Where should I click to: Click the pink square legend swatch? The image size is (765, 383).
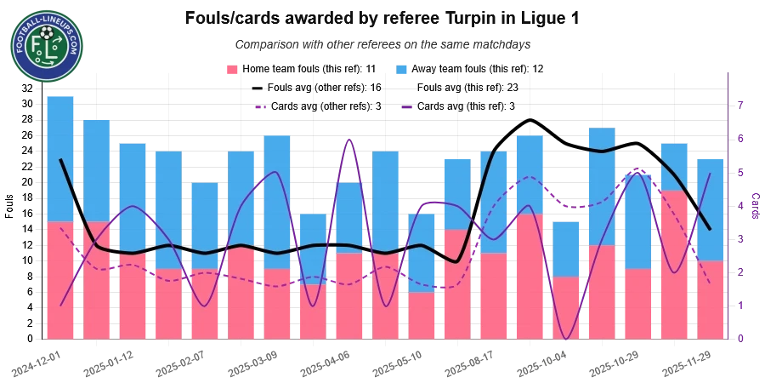230,68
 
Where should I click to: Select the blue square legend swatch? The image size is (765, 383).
402,68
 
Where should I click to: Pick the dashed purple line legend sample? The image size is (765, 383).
260,107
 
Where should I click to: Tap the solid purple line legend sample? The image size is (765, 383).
407,107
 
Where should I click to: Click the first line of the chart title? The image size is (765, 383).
380,18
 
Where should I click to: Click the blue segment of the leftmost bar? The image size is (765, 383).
60,157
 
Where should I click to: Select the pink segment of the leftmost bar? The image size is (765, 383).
60,281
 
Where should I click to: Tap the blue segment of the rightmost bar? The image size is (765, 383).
711,209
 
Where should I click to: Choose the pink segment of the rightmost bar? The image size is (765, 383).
711,300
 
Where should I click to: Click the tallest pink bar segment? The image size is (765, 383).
674,264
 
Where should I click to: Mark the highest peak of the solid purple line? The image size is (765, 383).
348,140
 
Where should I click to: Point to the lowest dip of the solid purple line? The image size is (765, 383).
565,339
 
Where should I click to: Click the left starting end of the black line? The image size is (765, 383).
60,160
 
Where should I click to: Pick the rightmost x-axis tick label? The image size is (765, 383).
686,363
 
